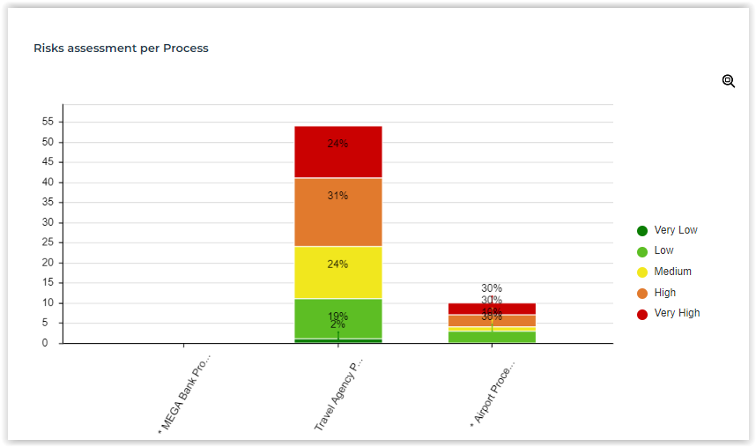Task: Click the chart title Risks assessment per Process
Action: coord(121,48)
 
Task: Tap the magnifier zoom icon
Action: coord(729,81)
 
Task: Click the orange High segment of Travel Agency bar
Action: coord(337,212)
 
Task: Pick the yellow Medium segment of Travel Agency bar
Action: coord(337,272)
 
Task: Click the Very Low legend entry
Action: coord(668,230)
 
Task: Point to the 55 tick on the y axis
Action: coord(48,122)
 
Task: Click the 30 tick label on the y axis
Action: coord(48,222)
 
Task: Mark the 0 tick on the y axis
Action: coord(51,343)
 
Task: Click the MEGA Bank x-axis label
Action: coord(185,394)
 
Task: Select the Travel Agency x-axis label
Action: coord(338,393)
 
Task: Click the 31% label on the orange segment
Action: coord(337,196)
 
